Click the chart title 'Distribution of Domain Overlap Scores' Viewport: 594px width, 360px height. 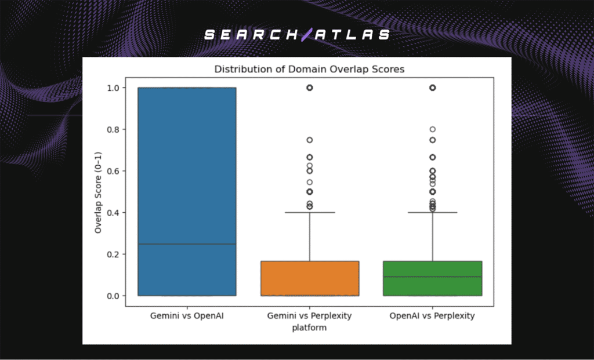309,69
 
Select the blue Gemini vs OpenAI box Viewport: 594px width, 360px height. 187,174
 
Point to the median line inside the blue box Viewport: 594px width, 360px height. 187,244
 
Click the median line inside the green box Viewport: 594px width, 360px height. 433,277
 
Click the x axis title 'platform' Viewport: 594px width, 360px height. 310,328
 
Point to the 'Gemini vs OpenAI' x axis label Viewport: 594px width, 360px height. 187,316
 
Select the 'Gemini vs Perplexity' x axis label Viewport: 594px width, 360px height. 310,316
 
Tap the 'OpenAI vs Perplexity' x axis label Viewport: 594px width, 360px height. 433,316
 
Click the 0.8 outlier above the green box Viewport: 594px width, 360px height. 433,129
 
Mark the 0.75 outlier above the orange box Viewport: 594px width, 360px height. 310,140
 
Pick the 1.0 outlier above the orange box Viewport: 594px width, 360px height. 310,88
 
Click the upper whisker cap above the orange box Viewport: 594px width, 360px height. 310,213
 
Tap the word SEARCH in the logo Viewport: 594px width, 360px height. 252,35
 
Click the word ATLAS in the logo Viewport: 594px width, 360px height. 353,35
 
